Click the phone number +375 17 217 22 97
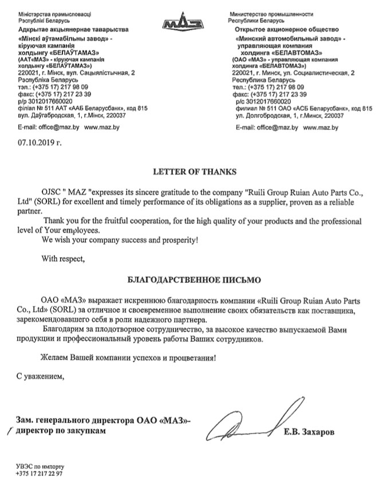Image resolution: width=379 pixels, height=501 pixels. tap(40, 474)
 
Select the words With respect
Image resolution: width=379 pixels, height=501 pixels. tap(63, 258)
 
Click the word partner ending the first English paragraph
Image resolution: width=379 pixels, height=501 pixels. tap(30, 210)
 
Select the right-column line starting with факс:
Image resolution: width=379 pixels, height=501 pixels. tap(271, 93)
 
